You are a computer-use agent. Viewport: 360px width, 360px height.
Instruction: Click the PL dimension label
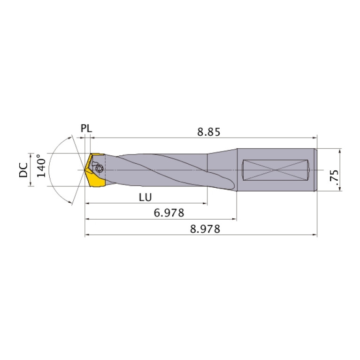(x=86, y=128)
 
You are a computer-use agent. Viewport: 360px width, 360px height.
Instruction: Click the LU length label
(x=146, y=197)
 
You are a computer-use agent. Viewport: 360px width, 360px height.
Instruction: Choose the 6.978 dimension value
(x=169, y=213)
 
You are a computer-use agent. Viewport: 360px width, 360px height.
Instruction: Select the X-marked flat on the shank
(x=275, y=169)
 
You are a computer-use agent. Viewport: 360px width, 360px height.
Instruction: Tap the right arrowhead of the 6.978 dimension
(x=234, y=219)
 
